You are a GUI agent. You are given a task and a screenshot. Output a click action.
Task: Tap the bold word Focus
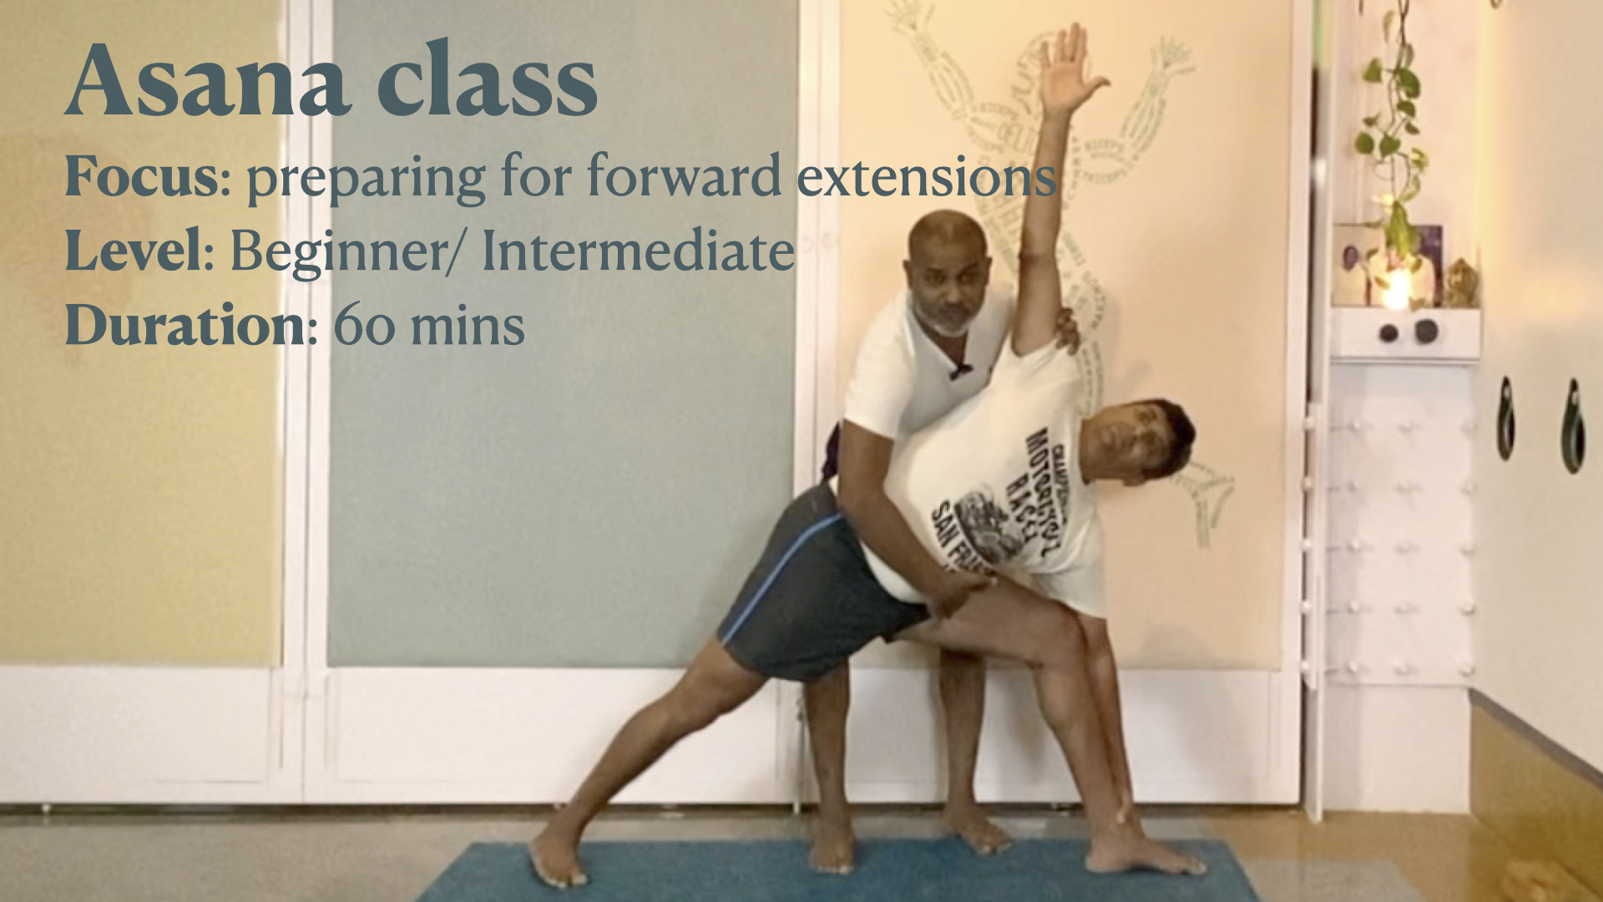point(142,176)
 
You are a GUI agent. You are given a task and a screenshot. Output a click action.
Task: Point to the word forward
point(684,176)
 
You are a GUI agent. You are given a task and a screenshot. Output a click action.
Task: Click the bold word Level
point(134,251)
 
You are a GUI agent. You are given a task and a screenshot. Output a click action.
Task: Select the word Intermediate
point(638,251)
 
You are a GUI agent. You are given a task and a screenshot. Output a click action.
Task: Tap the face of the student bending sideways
point(1123,443)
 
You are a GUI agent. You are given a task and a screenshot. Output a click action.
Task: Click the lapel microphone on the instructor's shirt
point(960,369)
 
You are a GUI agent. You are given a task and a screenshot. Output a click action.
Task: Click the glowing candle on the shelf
point(1396,284)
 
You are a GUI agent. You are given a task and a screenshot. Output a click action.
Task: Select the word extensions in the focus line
point(927,176)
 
